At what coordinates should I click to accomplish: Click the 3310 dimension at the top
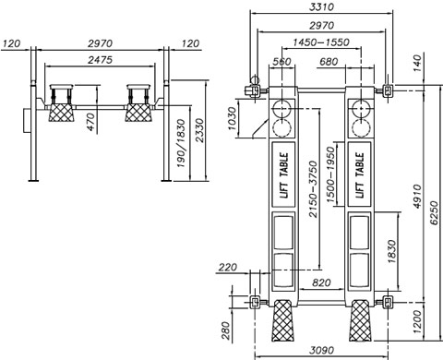click(321, 6)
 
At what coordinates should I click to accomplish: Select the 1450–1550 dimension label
click(321, 42)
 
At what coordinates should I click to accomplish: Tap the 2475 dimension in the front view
click(101, 60)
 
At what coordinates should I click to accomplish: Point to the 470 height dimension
click(90, 122)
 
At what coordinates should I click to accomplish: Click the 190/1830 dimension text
click(181, 143)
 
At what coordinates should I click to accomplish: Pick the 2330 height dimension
click(199, 130)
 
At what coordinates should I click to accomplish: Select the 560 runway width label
click(281, 62)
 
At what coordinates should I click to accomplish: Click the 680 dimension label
click(329, 62)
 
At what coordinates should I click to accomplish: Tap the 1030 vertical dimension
click(233, 118)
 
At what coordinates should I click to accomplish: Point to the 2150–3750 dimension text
click(313, 189)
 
